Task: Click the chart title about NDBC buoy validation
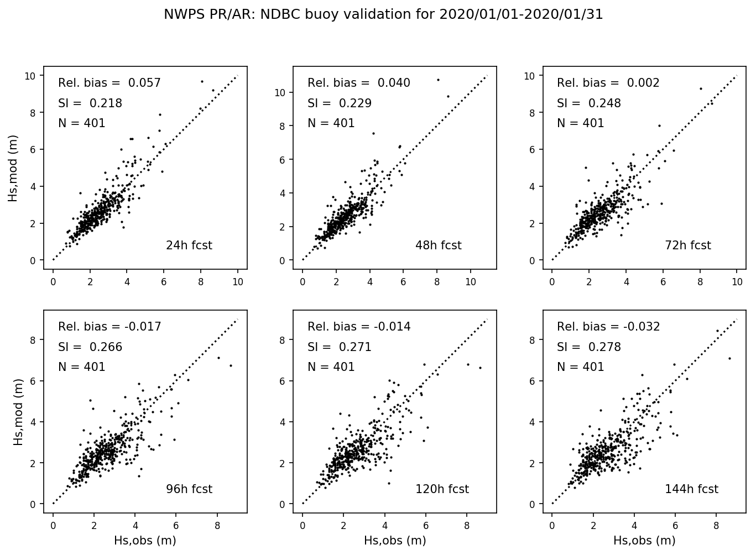pos(383,14)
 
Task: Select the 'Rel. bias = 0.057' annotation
pos(110,83)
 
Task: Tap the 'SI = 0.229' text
pos(340,103)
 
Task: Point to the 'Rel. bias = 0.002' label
pos(608,83)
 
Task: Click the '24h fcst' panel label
pos(189,245)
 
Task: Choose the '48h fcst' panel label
pos(439,245)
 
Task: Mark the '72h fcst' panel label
pos(688,245)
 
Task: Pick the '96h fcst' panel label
pos(189,489)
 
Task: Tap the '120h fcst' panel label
pos(442,489)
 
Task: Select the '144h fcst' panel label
pos(691,489)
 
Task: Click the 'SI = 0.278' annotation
pos(589,347)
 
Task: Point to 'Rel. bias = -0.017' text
pos(110,327)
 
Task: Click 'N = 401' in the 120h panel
pos(331,367)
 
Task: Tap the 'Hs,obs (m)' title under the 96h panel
pos(145,541)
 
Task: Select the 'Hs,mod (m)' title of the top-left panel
pos(13,168)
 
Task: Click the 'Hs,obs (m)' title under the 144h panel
pos(644,541)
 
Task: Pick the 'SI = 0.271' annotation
pos(340,347)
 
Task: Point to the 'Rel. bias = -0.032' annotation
pos(608,327)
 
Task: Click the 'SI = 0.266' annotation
pos(90,347)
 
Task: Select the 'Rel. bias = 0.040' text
pos(359,83)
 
